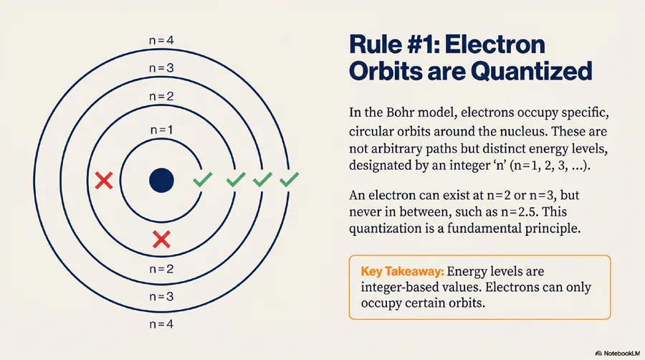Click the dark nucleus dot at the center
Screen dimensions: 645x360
(161, 180)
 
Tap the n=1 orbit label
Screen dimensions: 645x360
(162, 130)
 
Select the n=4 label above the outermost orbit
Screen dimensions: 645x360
(161, 40)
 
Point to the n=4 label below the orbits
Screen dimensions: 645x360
(161, 324)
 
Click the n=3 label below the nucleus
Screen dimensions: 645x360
(161, 296)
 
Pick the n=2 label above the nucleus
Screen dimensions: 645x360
(161, 96)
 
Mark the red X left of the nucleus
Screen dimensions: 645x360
(104, 181)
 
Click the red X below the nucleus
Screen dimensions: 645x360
(161, 239)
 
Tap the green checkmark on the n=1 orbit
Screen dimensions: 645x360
(203, 179)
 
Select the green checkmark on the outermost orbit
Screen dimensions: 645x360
(290, 179)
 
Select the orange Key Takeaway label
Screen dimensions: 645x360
(402, 272)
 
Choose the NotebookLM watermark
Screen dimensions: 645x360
(618, 353)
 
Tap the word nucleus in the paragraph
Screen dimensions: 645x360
(521, 132)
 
